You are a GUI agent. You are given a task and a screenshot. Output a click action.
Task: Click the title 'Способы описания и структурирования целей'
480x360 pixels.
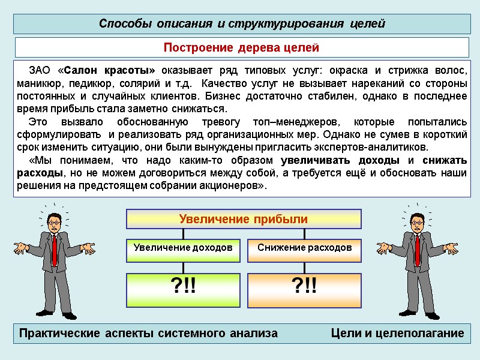coord(241,24)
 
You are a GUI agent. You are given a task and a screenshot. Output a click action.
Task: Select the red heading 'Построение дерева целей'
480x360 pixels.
coord(241,47)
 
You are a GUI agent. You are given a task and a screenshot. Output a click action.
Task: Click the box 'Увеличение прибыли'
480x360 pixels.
coord(244,219)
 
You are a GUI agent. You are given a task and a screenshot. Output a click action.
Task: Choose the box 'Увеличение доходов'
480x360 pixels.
coord(182,247)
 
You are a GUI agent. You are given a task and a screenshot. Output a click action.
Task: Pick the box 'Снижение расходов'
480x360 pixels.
coord(304,247)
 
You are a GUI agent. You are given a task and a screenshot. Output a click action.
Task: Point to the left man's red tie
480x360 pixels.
coord(55,249)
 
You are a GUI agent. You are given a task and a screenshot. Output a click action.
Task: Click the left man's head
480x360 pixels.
coord(54,222)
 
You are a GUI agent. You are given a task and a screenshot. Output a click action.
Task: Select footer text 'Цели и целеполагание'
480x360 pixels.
coord(397,334)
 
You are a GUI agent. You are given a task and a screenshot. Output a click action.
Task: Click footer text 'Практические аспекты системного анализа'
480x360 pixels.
coord(149,334)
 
